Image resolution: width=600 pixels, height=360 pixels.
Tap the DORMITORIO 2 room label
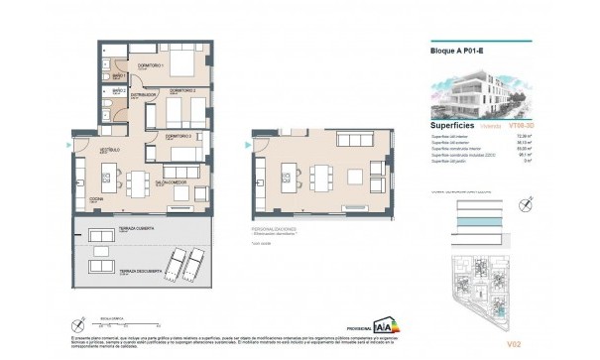[181, 90]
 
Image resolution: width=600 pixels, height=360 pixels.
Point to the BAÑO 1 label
[117, 76]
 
